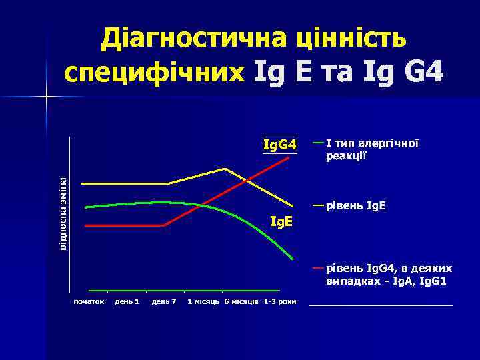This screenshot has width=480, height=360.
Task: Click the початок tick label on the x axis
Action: coord(89,302)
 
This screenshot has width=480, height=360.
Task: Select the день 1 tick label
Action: coord(127,302)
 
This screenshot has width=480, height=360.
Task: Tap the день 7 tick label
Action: coord(164,302)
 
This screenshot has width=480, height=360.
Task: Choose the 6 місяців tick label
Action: coord(241,302)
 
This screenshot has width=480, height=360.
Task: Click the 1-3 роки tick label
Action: coord(280,302)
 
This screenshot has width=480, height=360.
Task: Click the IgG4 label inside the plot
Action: coord(279,145)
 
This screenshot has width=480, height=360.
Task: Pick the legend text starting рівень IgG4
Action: coord(389,274)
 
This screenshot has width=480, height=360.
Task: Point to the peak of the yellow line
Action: coord(225,169)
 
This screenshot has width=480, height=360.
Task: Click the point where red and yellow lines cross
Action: coord(246,180)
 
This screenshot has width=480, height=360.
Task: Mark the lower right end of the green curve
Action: coord(292,258)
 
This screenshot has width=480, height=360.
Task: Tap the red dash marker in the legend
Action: coord(318,268)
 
